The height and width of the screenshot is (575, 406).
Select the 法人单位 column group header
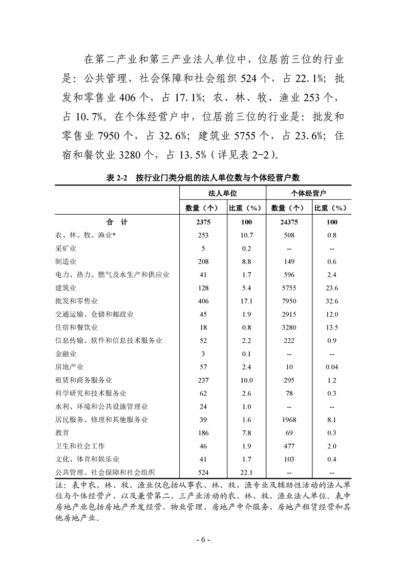(x=222, y=194)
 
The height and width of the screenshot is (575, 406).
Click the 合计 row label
(x=117, y=222)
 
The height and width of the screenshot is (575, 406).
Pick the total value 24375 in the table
(x=285, y=222)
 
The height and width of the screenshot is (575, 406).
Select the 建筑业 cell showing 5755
(x=285, y=288)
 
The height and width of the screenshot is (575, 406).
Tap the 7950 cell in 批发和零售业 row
(x=285, y=301)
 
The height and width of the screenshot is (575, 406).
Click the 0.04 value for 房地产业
(x=331, y=367)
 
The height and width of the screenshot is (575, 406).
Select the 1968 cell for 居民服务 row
(x=285, y=420)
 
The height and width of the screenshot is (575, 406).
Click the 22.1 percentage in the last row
(x=247, y=472)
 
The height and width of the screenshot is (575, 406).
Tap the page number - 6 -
(x=203, y=540)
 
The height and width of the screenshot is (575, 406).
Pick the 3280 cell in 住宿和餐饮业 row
(x=285, y=327)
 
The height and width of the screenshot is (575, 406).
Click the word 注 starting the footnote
(x=58, y=484)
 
